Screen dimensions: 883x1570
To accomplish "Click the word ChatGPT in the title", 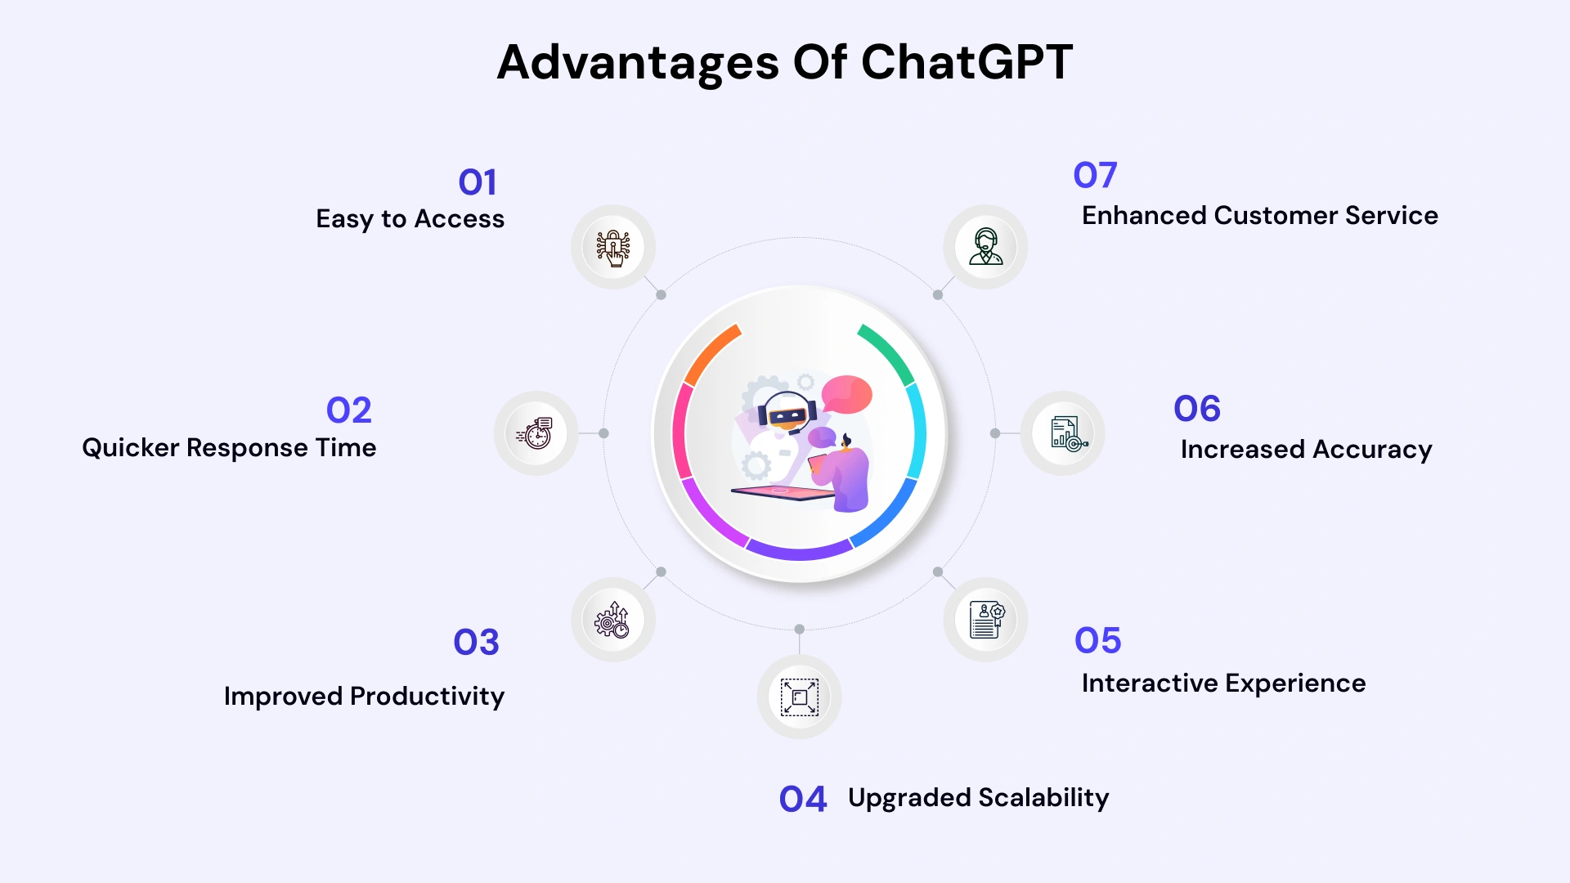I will [x=967, y=62].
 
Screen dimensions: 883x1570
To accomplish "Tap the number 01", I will [x=478, y=182].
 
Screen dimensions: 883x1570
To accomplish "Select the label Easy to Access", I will [x=410, y=219].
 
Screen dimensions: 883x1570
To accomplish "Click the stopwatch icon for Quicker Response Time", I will [x=536, y=433].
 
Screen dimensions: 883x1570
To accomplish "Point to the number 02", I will [x=348, y=410].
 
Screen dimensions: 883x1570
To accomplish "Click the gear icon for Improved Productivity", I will [x=612, y=620].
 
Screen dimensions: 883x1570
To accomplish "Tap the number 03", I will [x=476, y=643].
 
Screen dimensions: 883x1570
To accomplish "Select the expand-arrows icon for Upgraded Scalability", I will [x=799, y=697].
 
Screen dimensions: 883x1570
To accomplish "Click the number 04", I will [x=802, y=800].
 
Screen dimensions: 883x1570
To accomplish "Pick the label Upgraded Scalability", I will [x=978, y=798].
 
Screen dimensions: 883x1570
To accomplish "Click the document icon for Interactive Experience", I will [x=985, y=620].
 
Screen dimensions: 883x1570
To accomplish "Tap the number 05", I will [x=1097, y=641].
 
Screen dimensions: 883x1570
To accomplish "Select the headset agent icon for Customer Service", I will [x=985, y=247].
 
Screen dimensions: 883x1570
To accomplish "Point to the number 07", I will [x=1094, y=175].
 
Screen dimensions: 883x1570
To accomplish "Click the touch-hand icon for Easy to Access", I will [x=612, y=247].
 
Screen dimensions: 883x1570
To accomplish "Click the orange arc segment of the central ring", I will [x=710, y=353].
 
